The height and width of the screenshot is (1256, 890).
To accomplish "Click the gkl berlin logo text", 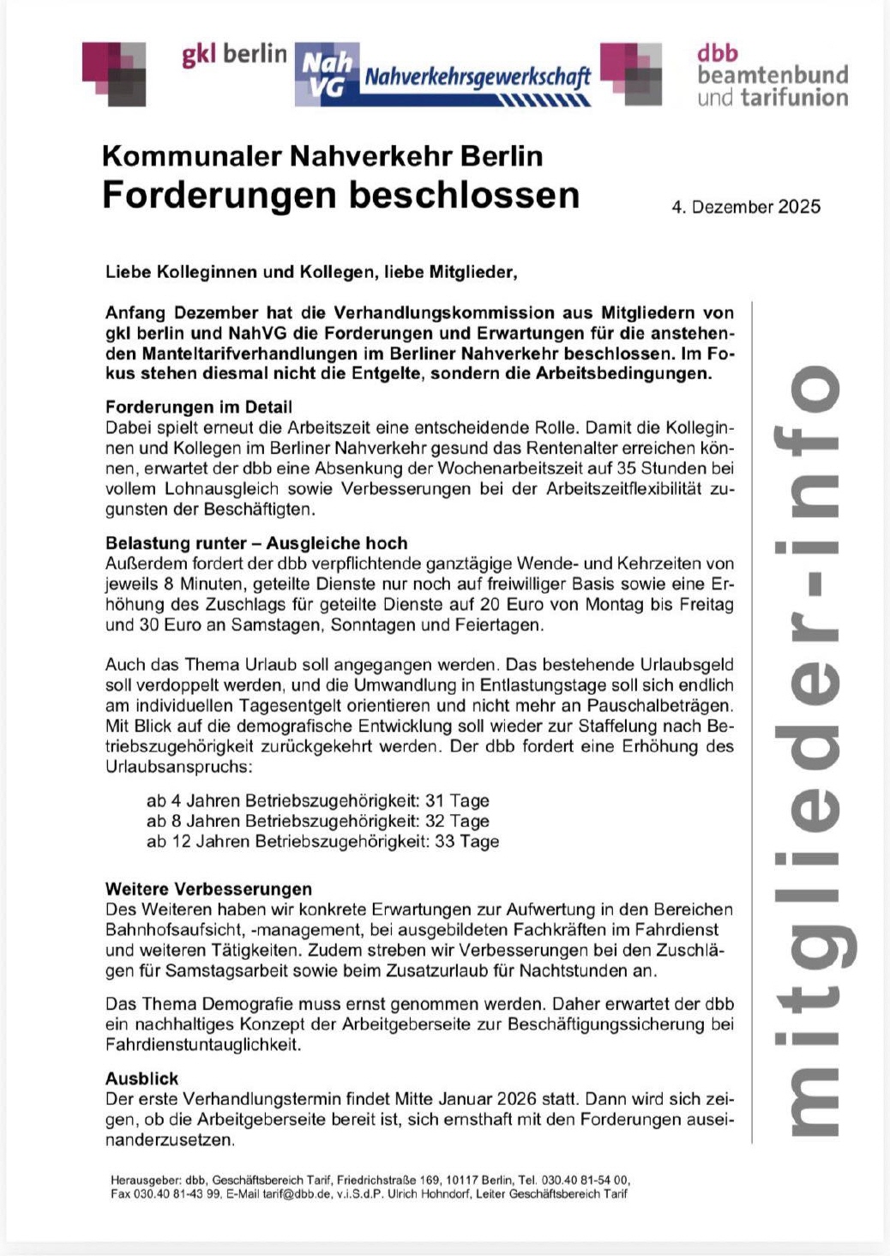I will (234, 55).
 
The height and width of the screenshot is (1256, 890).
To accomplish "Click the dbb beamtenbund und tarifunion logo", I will (772, 75).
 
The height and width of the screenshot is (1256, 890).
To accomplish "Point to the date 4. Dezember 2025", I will (746, 207).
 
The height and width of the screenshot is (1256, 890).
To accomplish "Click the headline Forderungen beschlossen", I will (340, 195).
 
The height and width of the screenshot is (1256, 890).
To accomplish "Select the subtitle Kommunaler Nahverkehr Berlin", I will (322, 156).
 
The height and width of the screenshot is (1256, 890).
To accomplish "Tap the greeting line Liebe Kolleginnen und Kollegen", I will (311, 273).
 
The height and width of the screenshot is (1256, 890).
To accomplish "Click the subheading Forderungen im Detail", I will (199, 407).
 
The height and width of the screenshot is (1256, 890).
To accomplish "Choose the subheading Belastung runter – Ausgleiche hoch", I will (256, 543).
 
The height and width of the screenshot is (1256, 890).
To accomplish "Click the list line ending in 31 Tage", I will (317, 800).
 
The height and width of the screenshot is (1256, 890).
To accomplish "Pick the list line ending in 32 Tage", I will (317, 821).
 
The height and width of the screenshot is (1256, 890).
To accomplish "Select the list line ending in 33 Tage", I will (322, 842).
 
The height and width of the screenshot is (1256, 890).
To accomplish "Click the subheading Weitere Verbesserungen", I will (208, 889).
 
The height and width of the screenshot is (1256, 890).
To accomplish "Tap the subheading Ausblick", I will (142, 1078).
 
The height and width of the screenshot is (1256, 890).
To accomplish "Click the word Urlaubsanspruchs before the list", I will (179, 766).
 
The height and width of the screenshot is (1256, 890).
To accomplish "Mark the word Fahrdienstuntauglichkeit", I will (203, 1045).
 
